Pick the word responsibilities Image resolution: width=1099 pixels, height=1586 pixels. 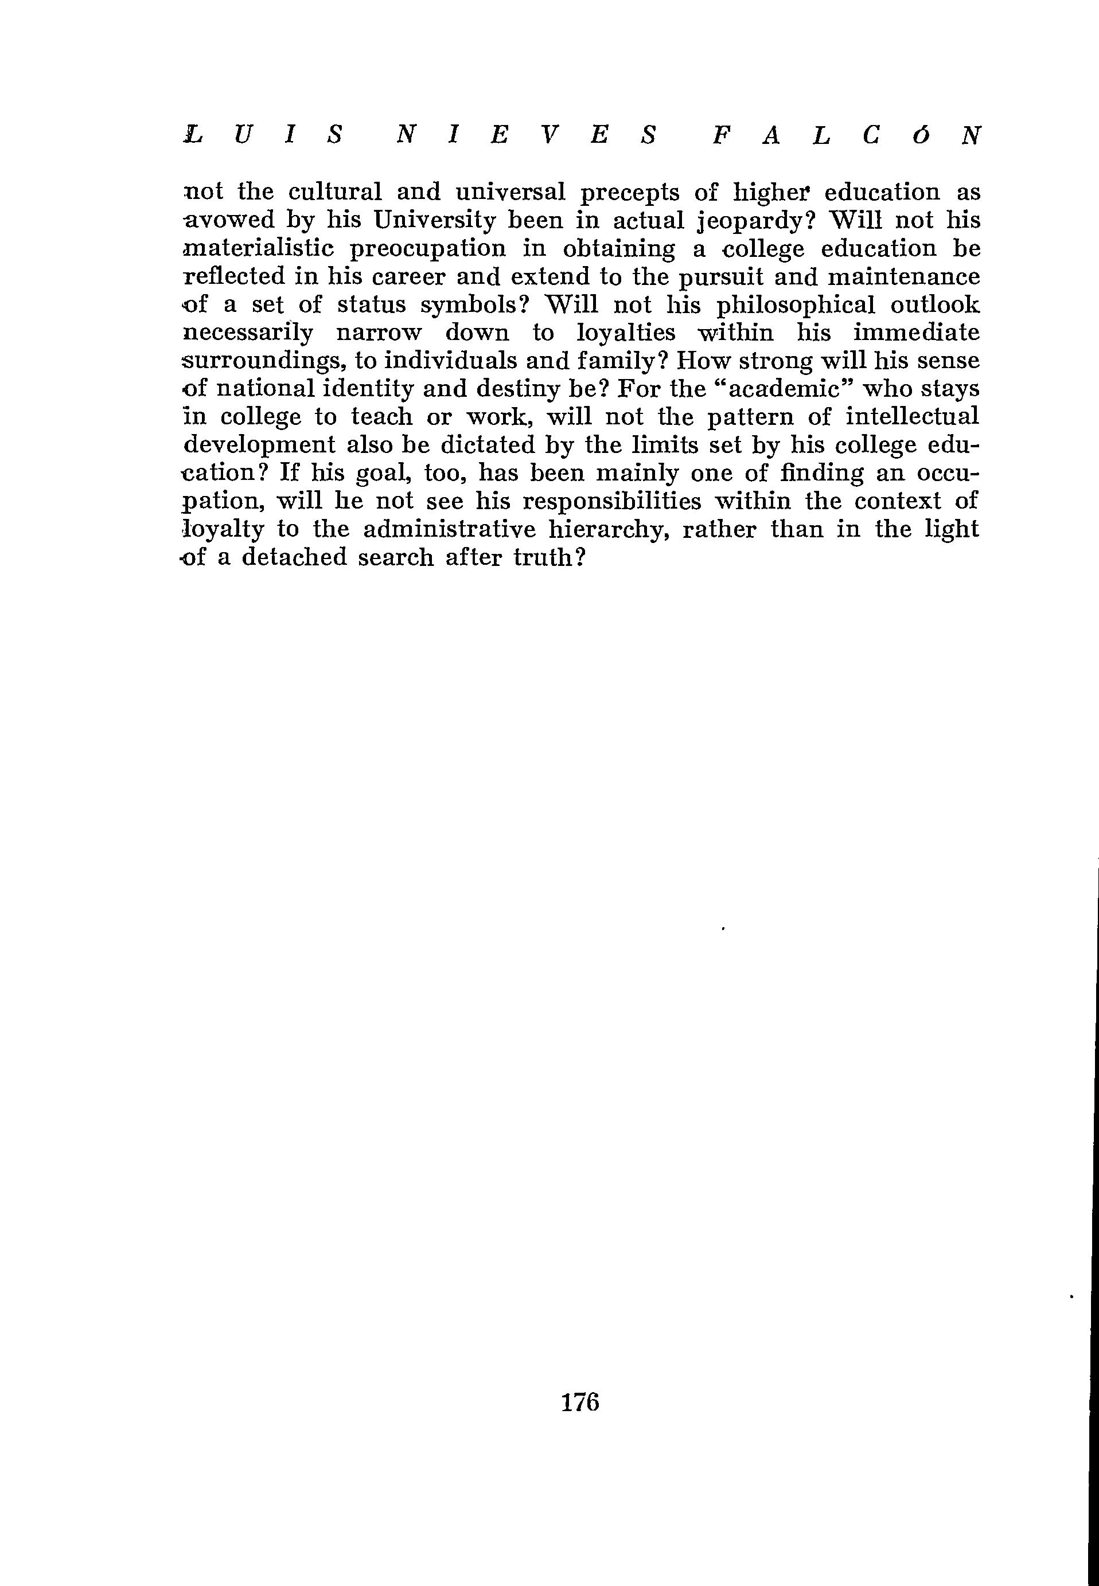pyautogui.click(x=612, y=502)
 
